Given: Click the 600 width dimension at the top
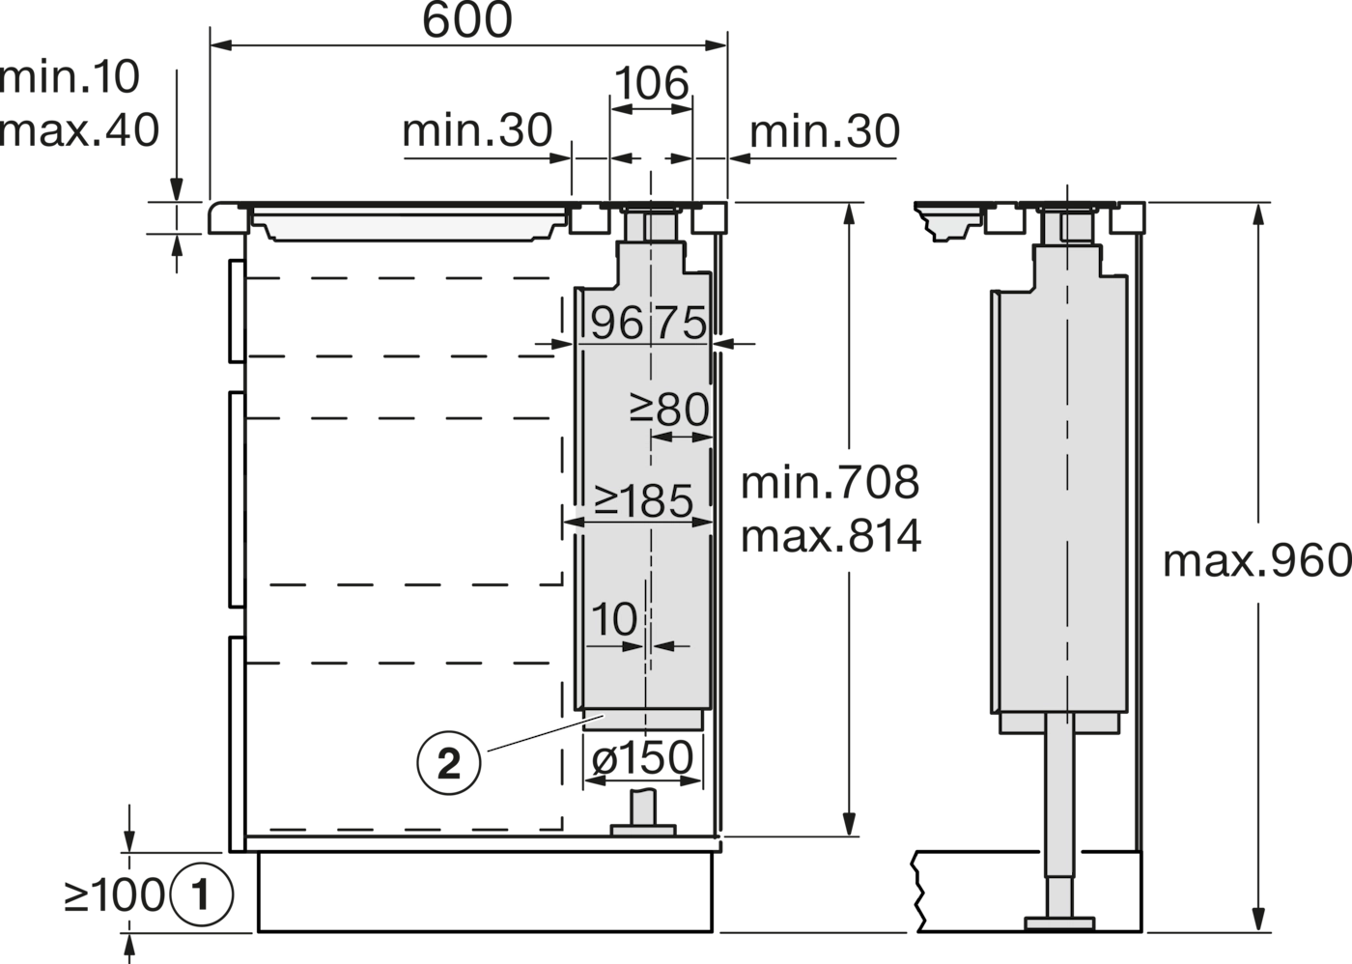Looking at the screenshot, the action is pyautogui.click(x=467, y=20).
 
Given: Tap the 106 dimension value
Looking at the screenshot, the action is pyautogui.click(x=651, y=83).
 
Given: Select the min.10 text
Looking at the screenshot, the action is pyautogui.click(x=70, y=77).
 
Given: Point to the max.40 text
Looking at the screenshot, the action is pyautogui.click(x=79, y=129).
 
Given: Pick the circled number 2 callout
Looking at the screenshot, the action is pyautogui.click(x=448, y=763).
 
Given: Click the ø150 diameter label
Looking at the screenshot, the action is pyautogui.click(x=642, y=757).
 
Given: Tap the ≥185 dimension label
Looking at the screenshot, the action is pyautogui.click(x=643, y=500).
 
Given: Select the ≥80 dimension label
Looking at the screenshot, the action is pyautogui.click(x=669, y=410).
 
